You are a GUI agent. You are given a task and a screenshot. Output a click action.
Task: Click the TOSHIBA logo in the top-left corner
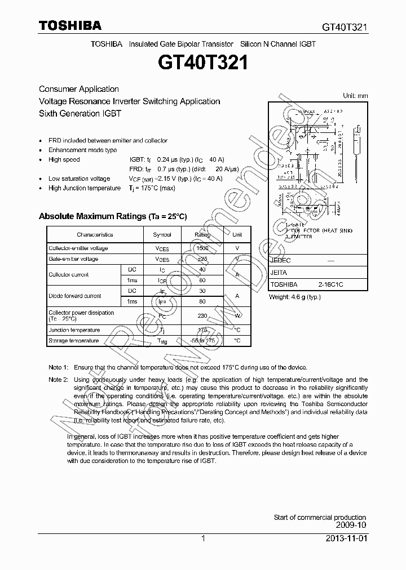pyautogui.click(x=70, y=26)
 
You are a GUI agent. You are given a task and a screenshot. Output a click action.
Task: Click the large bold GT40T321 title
pyautogui.click(x=204, y=63)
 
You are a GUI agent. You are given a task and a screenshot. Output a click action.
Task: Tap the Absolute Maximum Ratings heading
pyautogui.click(x=112, y=216)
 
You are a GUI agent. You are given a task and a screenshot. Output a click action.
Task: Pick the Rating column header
pyautogui.click(x=202, y=234)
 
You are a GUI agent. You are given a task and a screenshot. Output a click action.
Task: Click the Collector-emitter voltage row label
pyautogui.click(x=78, y=248)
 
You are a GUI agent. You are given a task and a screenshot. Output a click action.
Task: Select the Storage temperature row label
pyautogui.click(x=73, y=341)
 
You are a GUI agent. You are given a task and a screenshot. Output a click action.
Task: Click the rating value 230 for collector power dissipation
pyautogui.click(x=202, y=316)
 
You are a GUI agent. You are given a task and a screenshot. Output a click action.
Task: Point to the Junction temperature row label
pyautogui.click(x=74, y=330)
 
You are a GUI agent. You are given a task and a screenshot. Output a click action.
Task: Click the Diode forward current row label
pyautogui.click(x=75, y=296)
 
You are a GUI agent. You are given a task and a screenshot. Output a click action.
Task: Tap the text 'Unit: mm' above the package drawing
pyautogui.click(x=355, y=96)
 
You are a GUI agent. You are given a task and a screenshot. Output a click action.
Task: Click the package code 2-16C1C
pyautogui.click(x=330, y=285)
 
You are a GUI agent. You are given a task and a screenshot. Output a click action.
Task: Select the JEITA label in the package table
pyautogui.click(x=279, y=273)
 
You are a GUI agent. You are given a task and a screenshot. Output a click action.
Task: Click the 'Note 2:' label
pyautogui.click(x=58, y=380)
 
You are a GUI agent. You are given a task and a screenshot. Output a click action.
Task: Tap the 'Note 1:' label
pyautogui.click(x=58, y=367)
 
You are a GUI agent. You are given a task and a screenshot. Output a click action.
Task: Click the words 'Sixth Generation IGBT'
pyautogui.click(x=80, y=113)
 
